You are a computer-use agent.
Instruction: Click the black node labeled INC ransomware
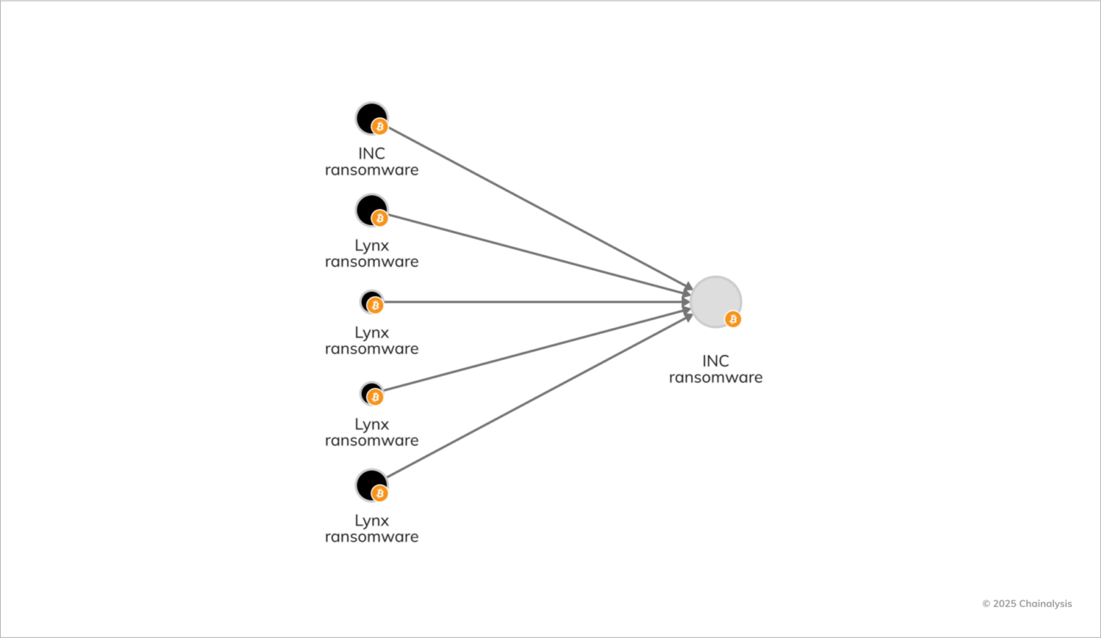coord(370,117)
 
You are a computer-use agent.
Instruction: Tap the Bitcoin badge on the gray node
coord(733,319)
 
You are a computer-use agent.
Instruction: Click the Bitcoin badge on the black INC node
coord(379,127)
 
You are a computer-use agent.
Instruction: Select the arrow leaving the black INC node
coord(536,206)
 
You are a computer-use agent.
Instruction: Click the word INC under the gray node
coord(716,361)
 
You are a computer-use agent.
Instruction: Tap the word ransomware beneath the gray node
coord(716,378)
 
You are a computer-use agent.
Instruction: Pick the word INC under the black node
coord(371,153)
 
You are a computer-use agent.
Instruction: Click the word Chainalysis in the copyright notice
coord(1045,604)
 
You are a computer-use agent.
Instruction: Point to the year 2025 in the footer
coord(1005,604)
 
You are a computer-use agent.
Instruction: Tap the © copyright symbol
coord(986,604)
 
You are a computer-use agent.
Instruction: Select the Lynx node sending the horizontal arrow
coord(371,301)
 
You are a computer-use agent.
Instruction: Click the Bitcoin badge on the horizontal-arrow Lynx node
coord(375,305)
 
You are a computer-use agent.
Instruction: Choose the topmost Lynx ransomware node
coord(371,209)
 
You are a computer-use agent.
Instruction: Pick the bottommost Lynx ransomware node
coord(371,484)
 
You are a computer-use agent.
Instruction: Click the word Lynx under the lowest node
coord(371,520)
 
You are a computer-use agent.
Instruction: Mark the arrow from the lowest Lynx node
coord(536,397)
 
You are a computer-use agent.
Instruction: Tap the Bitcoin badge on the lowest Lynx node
coord(379,494)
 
